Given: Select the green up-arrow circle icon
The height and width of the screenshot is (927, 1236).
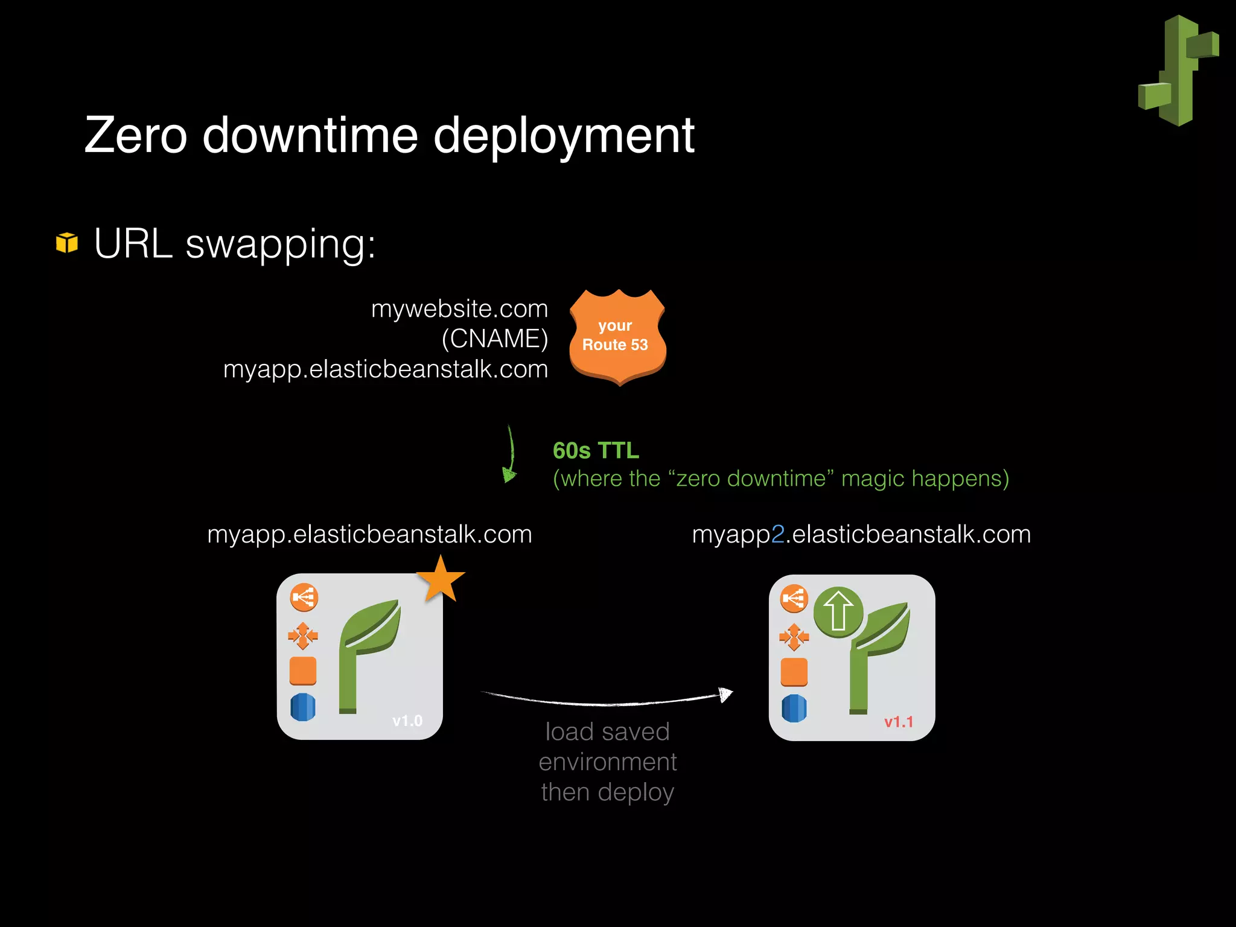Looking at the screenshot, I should [838, 611].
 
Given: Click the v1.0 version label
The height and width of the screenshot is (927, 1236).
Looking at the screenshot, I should [407, 721].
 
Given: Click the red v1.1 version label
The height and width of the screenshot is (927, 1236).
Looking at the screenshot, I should [898, 722].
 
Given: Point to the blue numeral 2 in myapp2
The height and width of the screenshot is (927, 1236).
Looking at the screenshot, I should [777, 535].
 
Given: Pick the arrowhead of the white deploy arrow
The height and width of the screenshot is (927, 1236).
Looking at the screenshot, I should [726, 695].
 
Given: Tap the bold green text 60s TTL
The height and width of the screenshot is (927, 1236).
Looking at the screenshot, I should [596, 451].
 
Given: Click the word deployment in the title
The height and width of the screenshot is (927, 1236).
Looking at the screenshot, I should [564, 136].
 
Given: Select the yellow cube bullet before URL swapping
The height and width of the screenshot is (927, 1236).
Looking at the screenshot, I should [67, 243].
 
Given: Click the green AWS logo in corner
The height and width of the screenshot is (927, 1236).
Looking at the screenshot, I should [1178, 71].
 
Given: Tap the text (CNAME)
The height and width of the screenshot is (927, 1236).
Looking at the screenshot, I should [494, 339].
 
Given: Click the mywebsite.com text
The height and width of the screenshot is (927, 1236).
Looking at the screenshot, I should [459, 309].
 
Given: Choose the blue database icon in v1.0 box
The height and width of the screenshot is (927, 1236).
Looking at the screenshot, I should [303, 707].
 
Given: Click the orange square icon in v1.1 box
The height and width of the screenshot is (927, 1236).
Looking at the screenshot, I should [794, 672].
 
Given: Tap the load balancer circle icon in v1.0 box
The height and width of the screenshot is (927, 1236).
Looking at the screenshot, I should [304, 597].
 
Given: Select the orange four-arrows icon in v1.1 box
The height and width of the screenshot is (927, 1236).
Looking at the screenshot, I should [794, 636].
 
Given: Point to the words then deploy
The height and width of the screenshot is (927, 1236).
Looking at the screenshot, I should [607, 792].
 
